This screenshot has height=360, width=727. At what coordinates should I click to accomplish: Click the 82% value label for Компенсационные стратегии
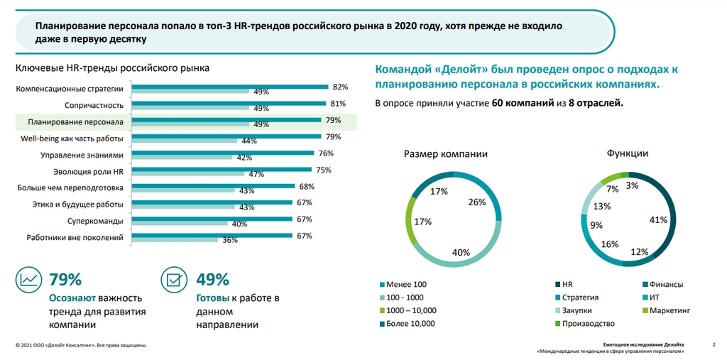coord(340,87)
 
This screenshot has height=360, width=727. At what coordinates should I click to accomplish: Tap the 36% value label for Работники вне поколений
coord(229,241)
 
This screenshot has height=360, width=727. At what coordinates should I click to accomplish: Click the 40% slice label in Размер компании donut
coord(461,251)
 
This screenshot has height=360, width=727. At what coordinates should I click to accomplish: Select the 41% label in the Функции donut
coord(658,220)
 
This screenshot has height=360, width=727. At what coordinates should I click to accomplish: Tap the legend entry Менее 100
coord(407,285)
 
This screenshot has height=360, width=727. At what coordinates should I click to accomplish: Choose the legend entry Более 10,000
coord(411,323)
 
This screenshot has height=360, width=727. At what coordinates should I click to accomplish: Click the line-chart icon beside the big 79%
coord(29,281)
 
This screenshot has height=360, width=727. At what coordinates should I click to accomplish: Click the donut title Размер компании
coord(446,153)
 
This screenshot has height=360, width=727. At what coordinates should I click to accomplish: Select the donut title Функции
coord(627,153)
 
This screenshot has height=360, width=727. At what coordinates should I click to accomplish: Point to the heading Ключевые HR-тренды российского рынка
coord(112,69)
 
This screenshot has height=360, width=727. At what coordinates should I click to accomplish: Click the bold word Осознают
coord(73,298)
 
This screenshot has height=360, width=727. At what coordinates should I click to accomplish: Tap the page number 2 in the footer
coord(713,344)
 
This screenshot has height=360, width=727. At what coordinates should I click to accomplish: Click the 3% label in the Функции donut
coord(632,186)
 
